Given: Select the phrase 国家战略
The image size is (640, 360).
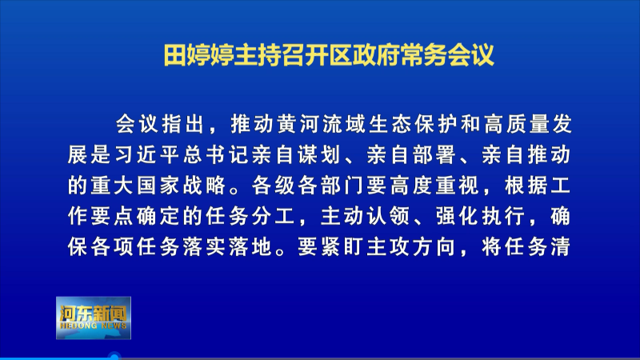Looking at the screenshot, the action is click(x=182, y=186).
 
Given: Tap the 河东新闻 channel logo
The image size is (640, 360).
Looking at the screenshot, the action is click(x=94, y=318).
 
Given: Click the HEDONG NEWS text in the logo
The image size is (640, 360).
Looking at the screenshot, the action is click(x=94, y=326).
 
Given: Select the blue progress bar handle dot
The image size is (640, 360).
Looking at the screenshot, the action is click(x=114, y=357).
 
